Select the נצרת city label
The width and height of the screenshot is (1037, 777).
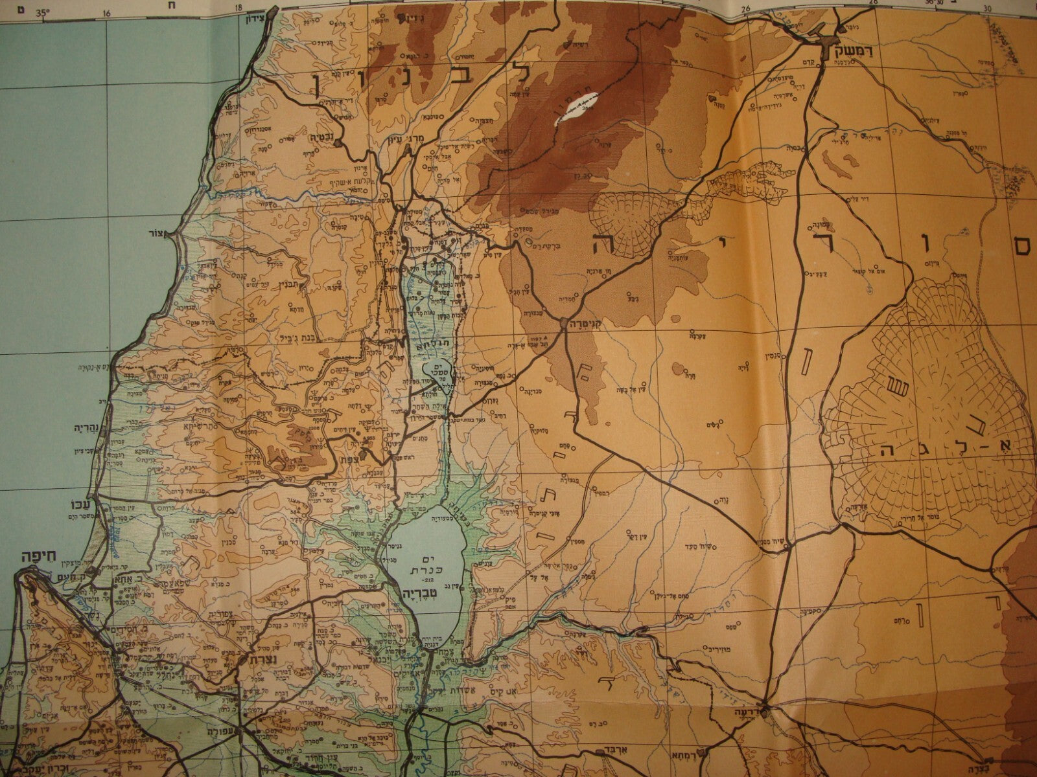[254, 659]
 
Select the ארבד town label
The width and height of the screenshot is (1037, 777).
[616, 753]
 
